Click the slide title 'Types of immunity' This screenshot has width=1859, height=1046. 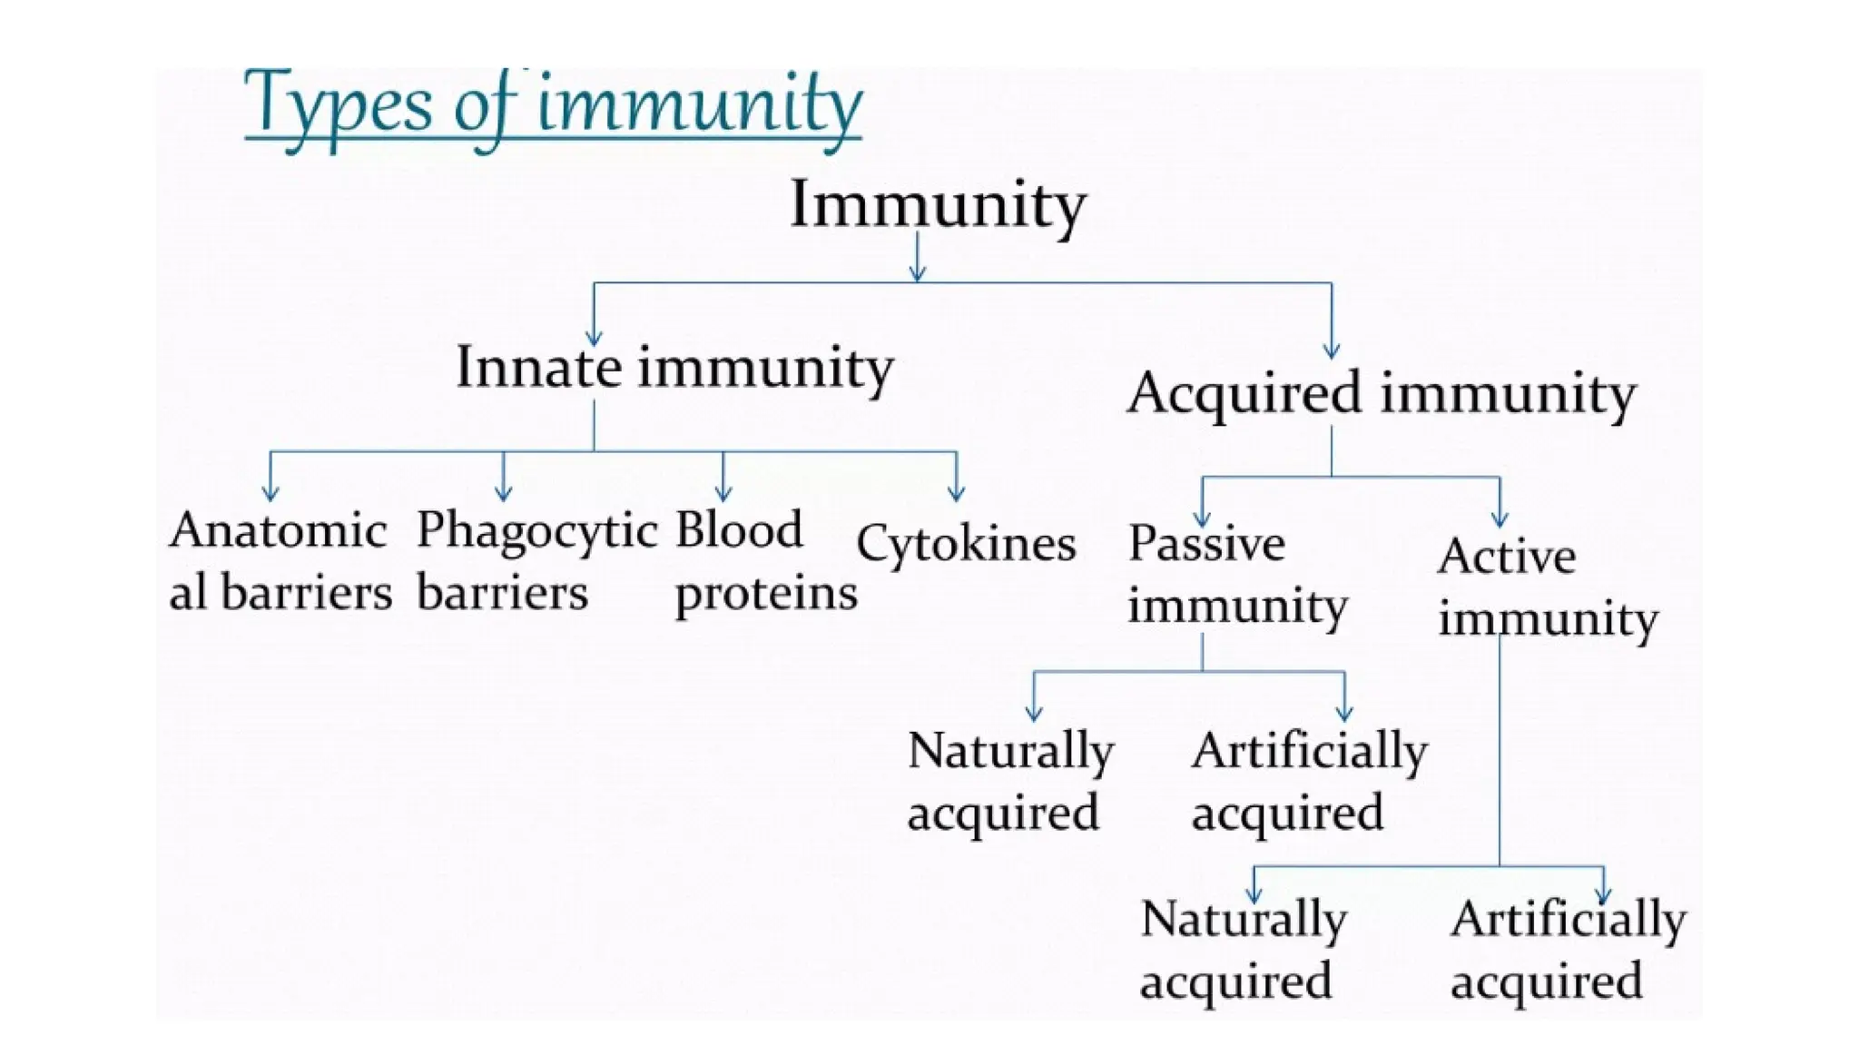[553, 106]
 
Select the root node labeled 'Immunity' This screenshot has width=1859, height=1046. [938, 205]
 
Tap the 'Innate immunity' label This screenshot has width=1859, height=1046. [674, 368]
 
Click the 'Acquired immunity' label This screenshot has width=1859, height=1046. [1382, 393]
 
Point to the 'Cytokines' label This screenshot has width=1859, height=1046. [966, 544]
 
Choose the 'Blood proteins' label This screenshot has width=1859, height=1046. [765, 561]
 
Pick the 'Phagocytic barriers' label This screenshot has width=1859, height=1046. [536, 561]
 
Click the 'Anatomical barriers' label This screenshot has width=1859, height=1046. [280, 561]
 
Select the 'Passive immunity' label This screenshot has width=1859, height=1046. [1237, 575]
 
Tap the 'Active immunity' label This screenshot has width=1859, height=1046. [1547, 587]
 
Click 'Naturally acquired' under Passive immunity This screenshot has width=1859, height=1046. [1010, 781]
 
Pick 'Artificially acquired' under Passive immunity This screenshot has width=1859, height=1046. [1309, 781]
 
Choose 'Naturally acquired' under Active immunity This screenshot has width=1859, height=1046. [1243, 950]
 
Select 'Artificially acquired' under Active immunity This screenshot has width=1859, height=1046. [1568, 950]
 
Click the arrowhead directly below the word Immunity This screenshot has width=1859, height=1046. [918, 273]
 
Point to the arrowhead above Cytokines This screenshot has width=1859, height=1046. [956, 493]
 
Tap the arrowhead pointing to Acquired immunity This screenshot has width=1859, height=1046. [1332, 350]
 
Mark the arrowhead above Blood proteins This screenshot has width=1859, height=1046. [723, 493]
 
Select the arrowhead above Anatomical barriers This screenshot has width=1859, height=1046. [270, 493]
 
